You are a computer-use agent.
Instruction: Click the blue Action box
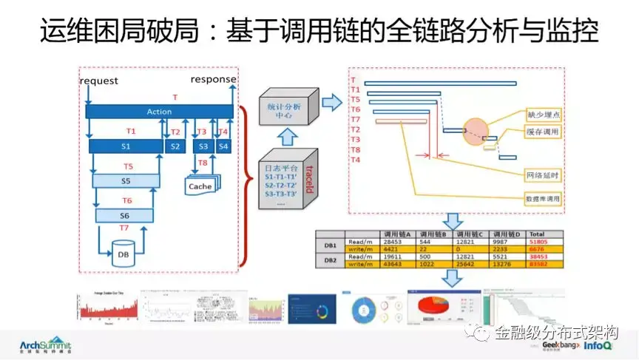(159, 112)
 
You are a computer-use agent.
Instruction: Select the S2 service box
(175, 146)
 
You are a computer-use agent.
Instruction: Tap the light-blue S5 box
(126, 180)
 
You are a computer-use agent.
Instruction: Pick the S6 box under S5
(126, 215)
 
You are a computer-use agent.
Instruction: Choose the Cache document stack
(200, 186)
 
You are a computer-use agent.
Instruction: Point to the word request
(98, 79)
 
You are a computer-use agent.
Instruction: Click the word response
(214, 79)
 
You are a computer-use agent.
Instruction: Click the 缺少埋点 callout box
(542, 115)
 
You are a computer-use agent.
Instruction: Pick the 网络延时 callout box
(541, 175)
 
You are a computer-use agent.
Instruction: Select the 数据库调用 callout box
(541, 199)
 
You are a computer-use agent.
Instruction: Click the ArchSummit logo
(46, 345)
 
